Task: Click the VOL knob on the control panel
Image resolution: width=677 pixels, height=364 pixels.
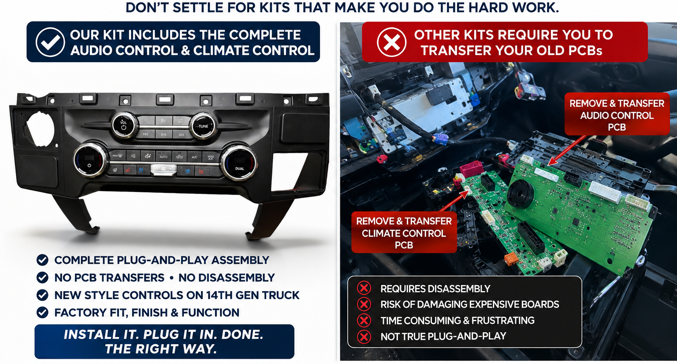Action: click(124, 125)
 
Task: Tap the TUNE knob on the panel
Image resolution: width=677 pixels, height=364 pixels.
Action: click(203, 126)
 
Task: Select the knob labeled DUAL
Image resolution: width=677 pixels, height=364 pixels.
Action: click(239, 162)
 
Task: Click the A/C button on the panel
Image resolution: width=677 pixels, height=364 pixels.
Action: click(194, 157)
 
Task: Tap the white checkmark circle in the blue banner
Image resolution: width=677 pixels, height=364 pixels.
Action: click(50, 42)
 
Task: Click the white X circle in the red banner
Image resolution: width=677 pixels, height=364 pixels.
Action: click(391, 42)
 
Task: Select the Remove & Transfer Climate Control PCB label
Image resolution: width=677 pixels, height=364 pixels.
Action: click(404, 233)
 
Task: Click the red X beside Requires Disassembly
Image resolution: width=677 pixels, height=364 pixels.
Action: click(364, 288)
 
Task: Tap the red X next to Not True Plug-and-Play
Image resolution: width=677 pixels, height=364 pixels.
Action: click(364, 336)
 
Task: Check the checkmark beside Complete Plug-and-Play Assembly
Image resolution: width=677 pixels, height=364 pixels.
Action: click(42, 260)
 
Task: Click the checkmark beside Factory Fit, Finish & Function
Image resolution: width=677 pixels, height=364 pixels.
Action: click(42, 312)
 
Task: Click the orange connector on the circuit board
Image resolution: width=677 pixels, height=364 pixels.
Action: click(510, 259)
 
